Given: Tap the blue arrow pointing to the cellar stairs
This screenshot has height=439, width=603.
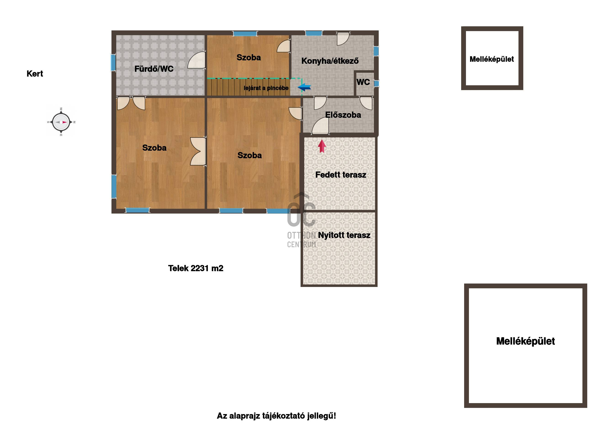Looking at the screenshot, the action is click(304, 87).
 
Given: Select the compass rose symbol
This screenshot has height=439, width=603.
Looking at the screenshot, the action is click(61, 122).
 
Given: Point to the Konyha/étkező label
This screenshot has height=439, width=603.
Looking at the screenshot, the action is click(330, 61).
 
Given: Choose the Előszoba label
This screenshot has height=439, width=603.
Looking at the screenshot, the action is click(343, 115).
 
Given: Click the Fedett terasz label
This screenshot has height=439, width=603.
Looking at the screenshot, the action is click(341, 175).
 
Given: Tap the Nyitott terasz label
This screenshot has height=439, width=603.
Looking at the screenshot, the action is click(344, 235).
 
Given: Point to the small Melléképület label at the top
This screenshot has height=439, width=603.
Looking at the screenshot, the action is click(492, 59).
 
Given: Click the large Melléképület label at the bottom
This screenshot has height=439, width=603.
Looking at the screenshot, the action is click(525, 341).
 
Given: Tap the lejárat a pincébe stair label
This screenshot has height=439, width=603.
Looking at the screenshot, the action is click(266, 88).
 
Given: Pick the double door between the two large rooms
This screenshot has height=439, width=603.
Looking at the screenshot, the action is click(198, 152).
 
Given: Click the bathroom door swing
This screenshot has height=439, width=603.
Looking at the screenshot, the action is click(196, 60).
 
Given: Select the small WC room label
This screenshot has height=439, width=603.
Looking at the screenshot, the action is click(363, 82).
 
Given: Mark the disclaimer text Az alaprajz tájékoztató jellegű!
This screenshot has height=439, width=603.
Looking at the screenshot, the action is click(277, 416).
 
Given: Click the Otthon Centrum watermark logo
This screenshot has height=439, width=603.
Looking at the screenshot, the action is click(301, 220).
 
